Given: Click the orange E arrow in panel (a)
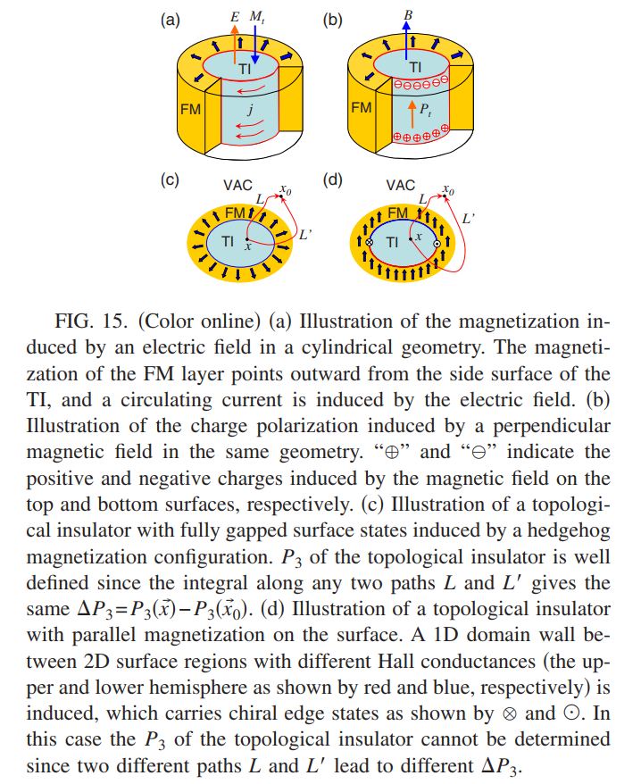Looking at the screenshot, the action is click(235, 45).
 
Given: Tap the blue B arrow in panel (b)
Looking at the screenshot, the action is click(406, 41).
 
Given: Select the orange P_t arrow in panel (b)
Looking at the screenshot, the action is click(412, 114).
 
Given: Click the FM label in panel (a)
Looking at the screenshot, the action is click(190, 109).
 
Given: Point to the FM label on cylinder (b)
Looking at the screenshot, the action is click(362, 107).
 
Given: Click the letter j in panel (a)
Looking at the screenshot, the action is click(251, 109).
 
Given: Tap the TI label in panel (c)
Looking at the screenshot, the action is click(228, 241).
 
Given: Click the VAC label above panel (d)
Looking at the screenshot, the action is click(401, 186).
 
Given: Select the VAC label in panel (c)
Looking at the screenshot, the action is click(238, 186).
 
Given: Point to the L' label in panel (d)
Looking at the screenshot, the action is click(469, 219).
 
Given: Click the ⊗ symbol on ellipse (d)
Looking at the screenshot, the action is click(370, 243).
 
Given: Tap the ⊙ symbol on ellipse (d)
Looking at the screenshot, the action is click(437, 244).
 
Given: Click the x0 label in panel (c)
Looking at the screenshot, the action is click(286, 189).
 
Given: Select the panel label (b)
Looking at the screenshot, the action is click(332, 20).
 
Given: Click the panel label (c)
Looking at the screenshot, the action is click(170, 179).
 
